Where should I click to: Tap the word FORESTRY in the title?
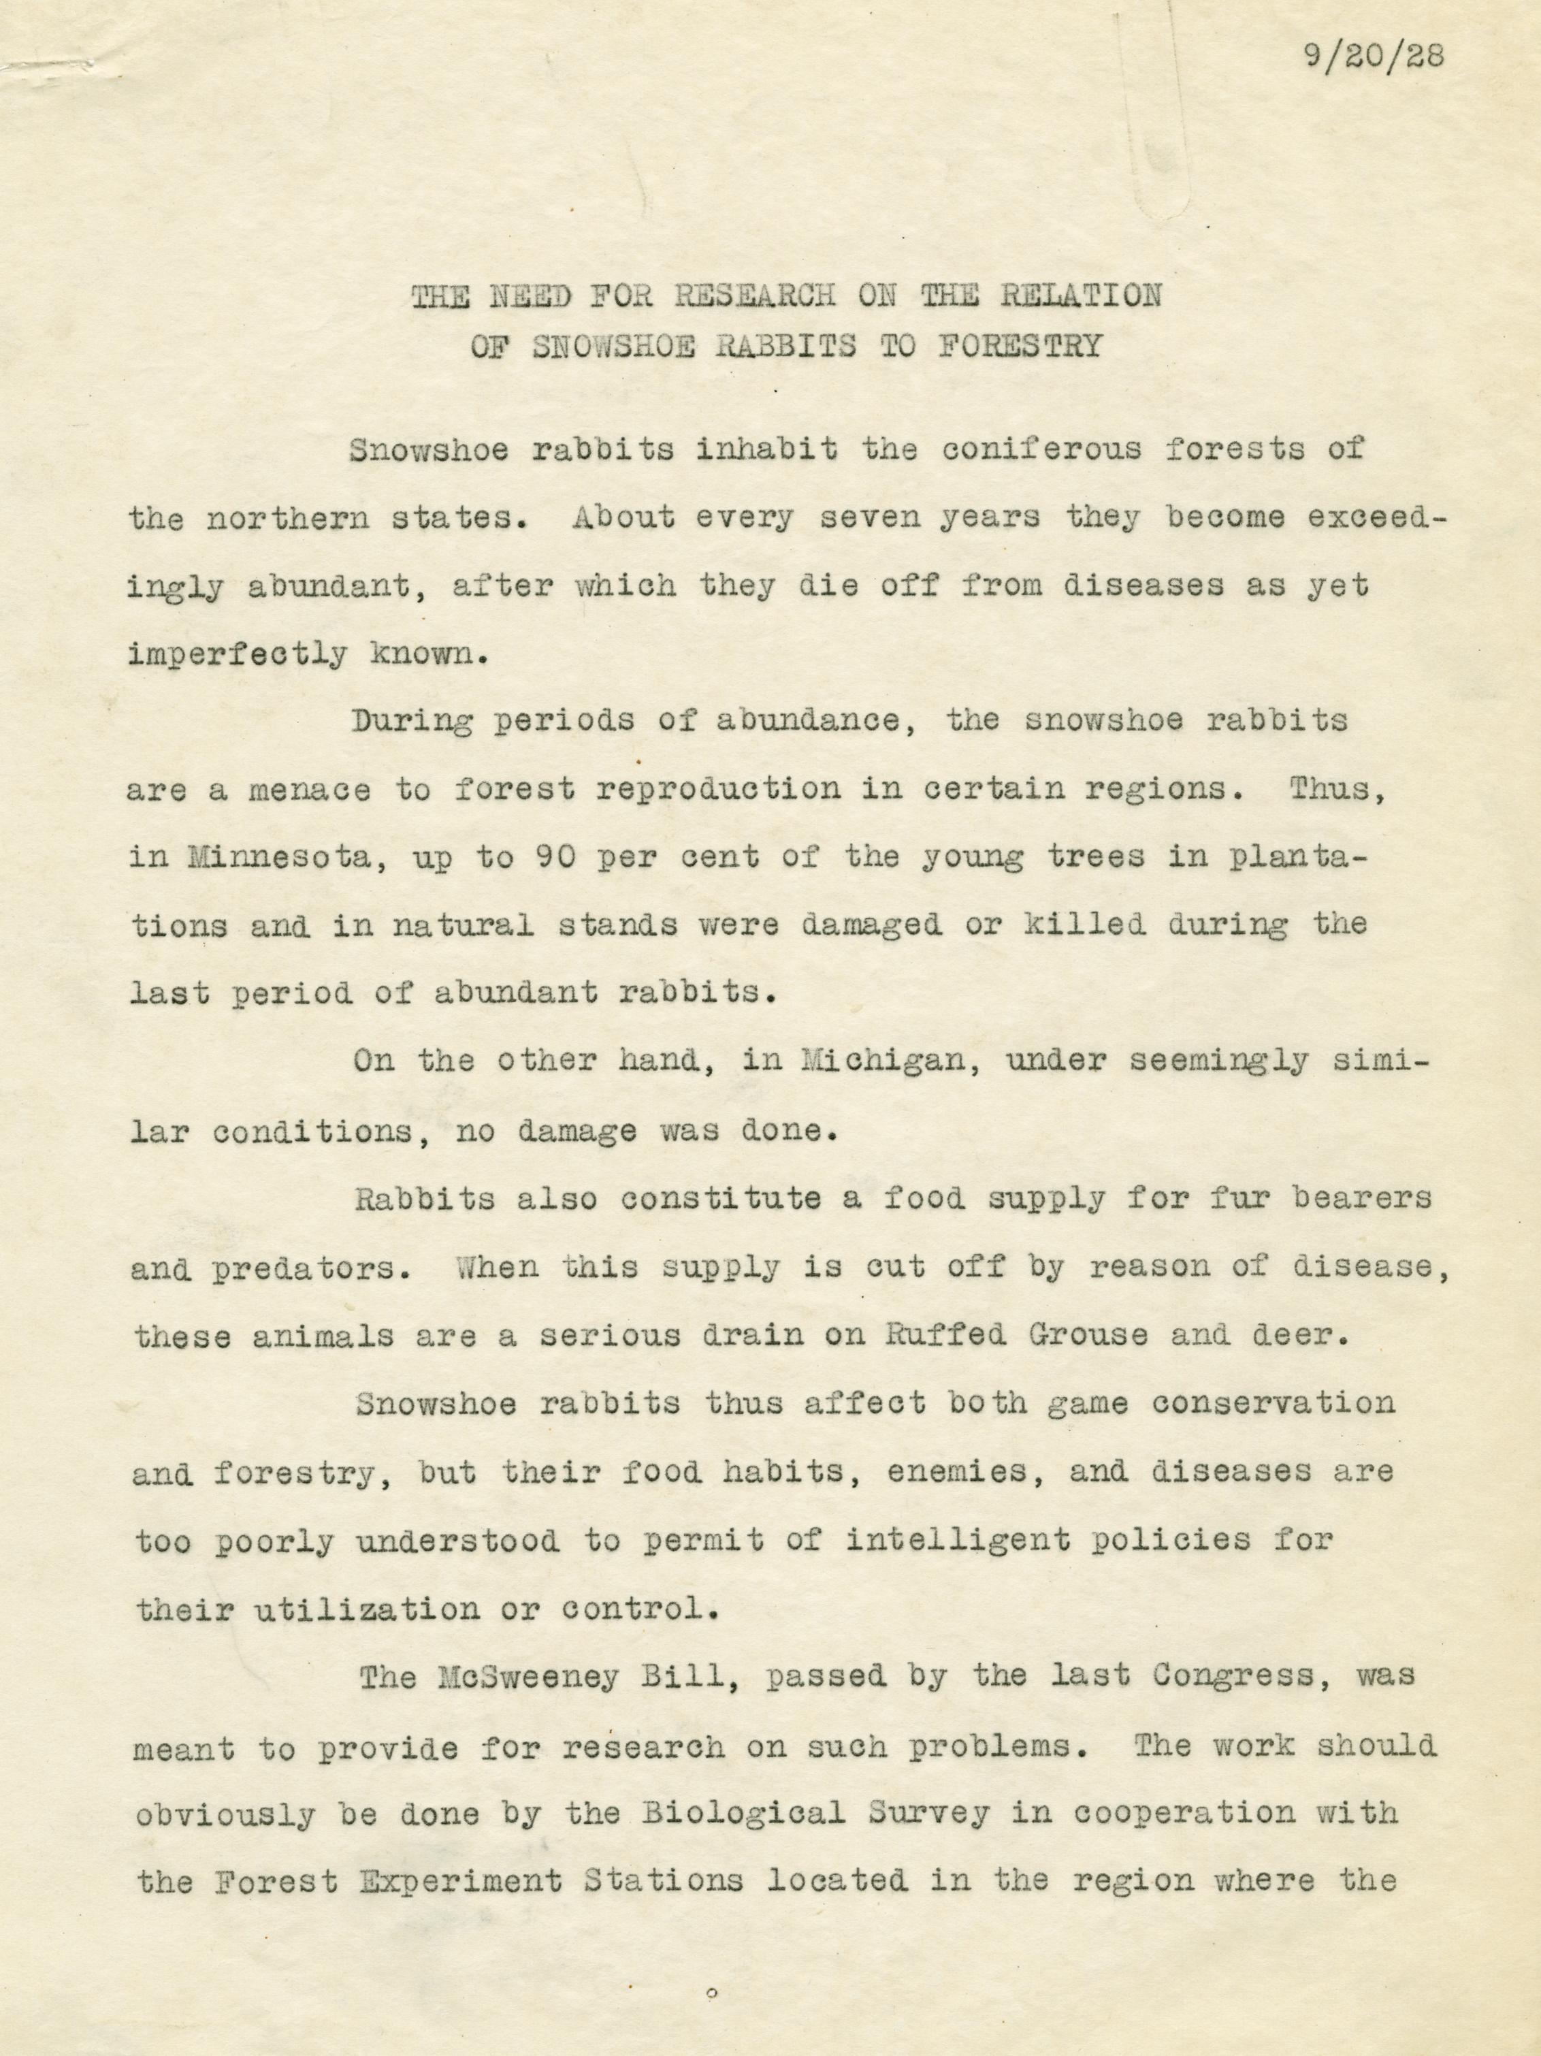coord(1020,345)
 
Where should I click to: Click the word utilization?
coord(363,1609)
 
